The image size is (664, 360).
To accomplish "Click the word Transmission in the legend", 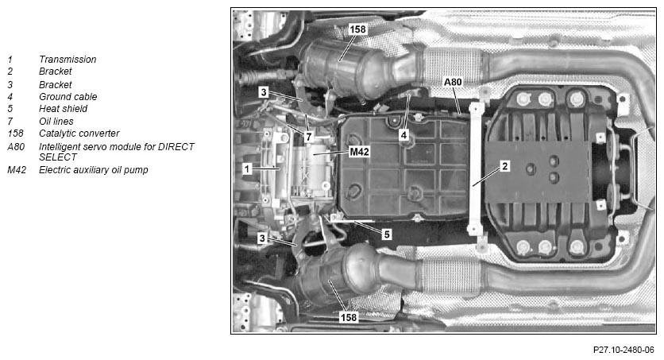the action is (x=68, y=60).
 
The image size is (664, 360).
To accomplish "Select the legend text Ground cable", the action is (x=68, y=97).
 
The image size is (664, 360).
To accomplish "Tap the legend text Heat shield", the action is (x=63, y=108).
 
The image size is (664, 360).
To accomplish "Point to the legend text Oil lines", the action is (x=56, y=121).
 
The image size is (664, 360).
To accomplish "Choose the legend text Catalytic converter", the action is (x=79, y=133).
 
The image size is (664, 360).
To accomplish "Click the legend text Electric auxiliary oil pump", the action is (x=94, y=170).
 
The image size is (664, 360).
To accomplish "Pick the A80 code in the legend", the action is (x=16, y=146).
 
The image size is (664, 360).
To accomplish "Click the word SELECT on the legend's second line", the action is (x=58, y=157).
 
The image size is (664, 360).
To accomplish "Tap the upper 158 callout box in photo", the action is (x=357, y=29).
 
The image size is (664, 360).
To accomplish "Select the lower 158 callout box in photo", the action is (x=349, y=317).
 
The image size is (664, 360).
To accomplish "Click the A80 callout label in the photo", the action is (x=453, y=82).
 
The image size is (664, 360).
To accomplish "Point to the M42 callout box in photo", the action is (x=359, y=152).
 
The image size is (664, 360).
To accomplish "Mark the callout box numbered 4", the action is (x=403, y=135).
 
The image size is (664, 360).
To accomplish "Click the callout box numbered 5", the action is (x=386, y=234).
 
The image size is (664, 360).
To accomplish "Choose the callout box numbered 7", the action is (x=308, y=137).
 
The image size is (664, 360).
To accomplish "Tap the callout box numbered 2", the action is (x=504, y=166).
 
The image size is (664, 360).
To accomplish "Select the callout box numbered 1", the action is (x=247, y=169).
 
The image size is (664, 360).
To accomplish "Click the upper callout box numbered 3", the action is (x=264, y=92).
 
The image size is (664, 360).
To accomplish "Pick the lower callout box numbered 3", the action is (x=262, y=238).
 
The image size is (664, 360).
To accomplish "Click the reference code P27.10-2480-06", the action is (x=623, y=350).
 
